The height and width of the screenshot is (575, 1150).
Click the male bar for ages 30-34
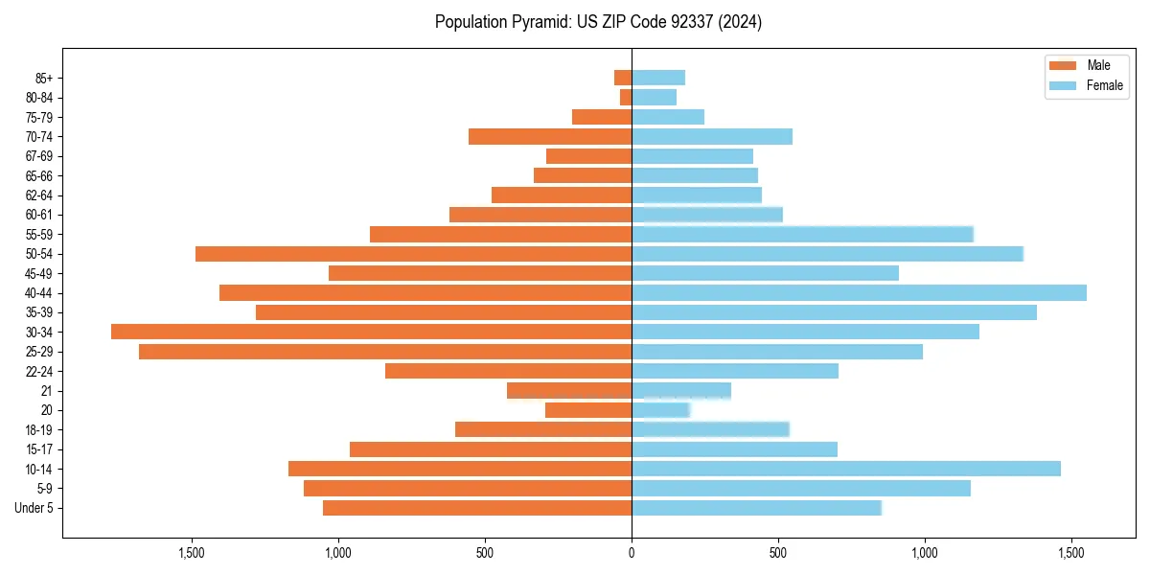(x=371, y=332)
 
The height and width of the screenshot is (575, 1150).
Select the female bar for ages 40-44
(x=859, y=292)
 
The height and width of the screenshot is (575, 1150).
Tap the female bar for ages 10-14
(x=846, y=469)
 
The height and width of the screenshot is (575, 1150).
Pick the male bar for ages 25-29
(x=385, y=352)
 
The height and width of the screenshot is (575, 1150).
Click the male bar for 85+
(x=623, y=78)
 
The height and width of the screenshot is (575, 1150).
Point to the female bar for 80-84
(x=654, y=97)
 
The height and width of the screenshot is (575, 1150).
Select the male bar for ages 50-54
(x=413, y=254)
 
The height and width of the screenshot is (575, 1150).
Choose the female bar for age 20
(x=660, y=410)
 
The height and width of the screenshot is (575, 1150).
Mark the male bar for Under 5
(x=477, y=508)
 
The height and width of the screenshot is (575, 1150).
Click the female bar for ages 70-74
(x=712, y=136)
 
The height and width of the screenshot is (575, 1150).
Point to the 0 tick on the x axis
(x=632, y=553)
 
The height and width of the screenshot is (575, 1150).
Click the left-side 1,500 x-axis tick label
(x=192, y=553)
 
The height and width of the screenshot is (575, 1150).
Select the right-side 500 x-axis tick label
(x=778, y=553)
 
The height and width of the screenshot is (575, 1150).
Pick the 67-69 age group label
(x=38, y=156)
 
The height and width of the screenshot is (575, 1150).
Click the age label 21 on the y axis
(x=46, y=391)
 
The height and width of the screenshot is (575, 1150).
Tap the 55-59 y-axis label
(x=38, y=234)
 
